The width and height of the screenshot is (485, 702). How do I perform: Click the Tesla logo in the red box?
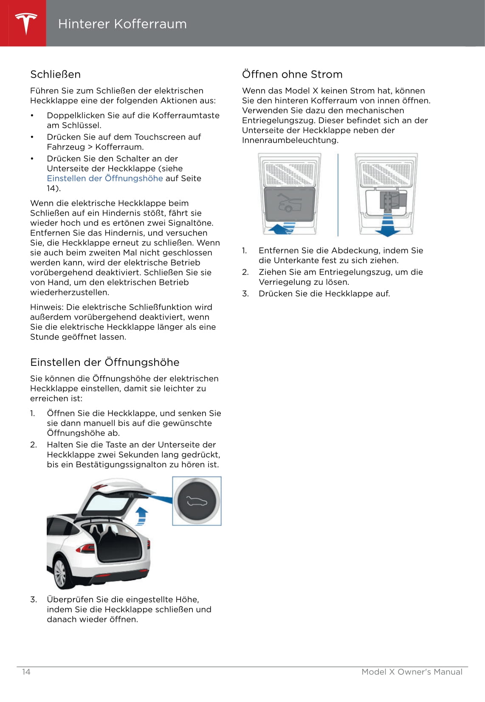26,23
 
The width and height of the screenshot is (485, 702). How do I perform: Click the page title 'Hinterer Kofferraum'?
122,24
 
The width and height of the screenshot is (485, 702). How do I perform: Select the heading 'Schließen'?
55,74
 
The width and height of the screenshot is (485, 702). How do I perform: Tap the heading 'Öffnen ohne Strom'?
292,74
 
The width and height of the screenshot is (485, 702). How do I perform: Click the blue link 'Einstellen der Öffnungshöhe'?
105,178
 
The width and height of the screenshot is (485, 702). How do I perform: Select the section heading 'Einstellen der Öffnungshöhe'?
104,362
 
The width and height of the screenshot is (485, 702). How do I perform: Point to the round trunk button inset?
197,501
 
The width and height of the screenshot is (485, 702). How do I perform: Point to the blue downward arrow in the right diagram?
387,227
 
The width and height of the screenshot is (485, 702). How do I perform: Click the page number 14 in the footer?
26,671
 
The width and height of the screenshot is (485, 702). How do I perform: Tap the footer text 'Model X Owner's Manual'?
412,671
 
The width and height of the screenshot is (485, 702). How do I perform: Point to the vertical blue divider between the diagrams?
338,194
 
